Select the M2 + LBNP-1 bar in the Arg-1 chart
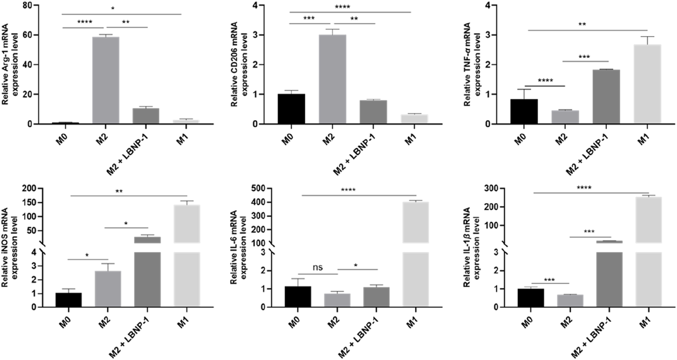146,116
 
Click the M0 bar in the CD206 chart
292,109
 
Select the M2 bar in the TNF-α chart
565,117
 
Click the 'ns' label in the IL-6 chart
318,268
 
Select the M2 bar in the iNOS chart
108,289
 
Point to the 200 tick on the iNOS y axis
31,188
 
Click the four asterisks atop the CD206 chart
342,7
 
